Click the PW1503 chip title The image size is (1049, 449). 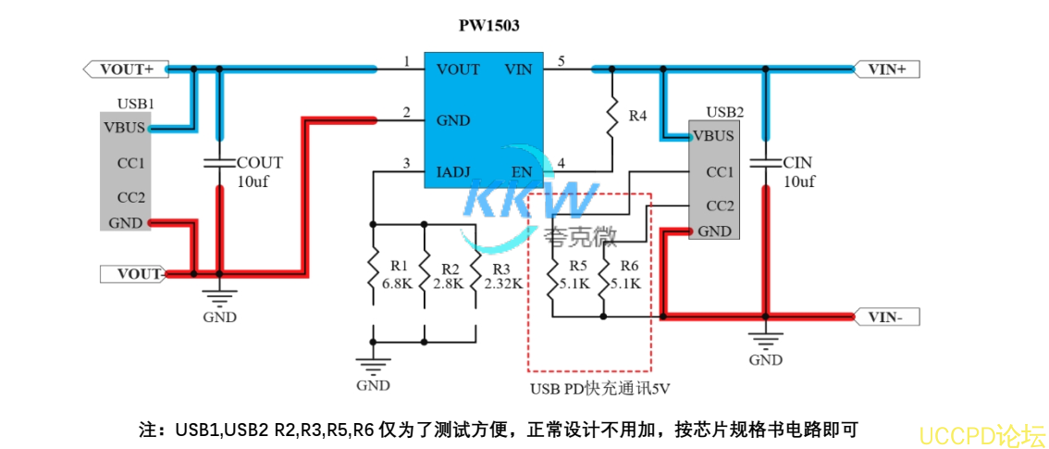[x=488, y=26]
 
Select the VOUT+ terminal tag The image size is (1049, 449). [x=125, y=69]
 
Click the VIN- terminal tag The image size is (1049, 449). [x=890, y=318]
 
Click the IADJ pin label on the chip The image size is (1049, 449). [x=453, y=171]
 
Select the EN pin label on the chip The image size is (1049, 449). [x=521, y=171]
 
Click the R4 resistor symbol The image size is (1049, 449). [x=611, y=118]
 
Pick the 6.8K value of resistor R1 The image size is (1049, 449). [x=397, y=284]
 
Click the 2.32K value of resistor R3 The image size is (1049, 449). [x=503, y=284]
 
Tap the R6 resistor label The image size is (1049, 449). [x=629, y=266]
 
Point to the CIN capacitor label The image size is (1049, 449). [x=796, y=162]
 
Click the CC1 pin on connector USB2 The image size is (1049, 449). [x=719, y=172]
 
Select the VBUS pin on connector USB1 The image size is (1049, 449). [x=123, y=128]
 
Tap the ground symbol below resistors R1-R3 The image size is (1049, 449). [x=374, y=365]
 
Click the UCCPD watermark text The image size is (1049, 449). [x=981, y=433]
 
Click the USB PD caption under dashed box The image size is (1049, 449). [x=599, y=389]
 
